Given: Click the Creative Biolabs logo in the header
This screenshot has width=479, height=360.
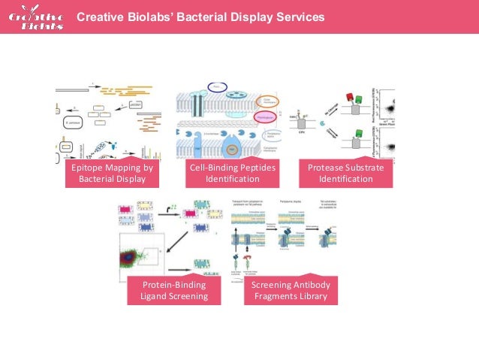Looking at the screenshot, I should click(37, 17).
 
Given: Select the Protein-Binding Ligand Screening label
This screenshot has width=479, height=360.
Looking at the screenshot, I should click(173, 291).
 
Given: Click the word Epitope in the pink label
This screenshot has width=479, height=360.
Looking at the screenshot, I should click(88, 168).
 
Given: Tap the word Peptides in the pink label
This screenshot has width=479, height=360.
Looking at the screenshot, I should click(255, 168).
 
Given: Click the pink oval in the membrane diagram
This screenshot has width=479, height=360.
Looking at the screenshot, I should click(265, 117).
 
